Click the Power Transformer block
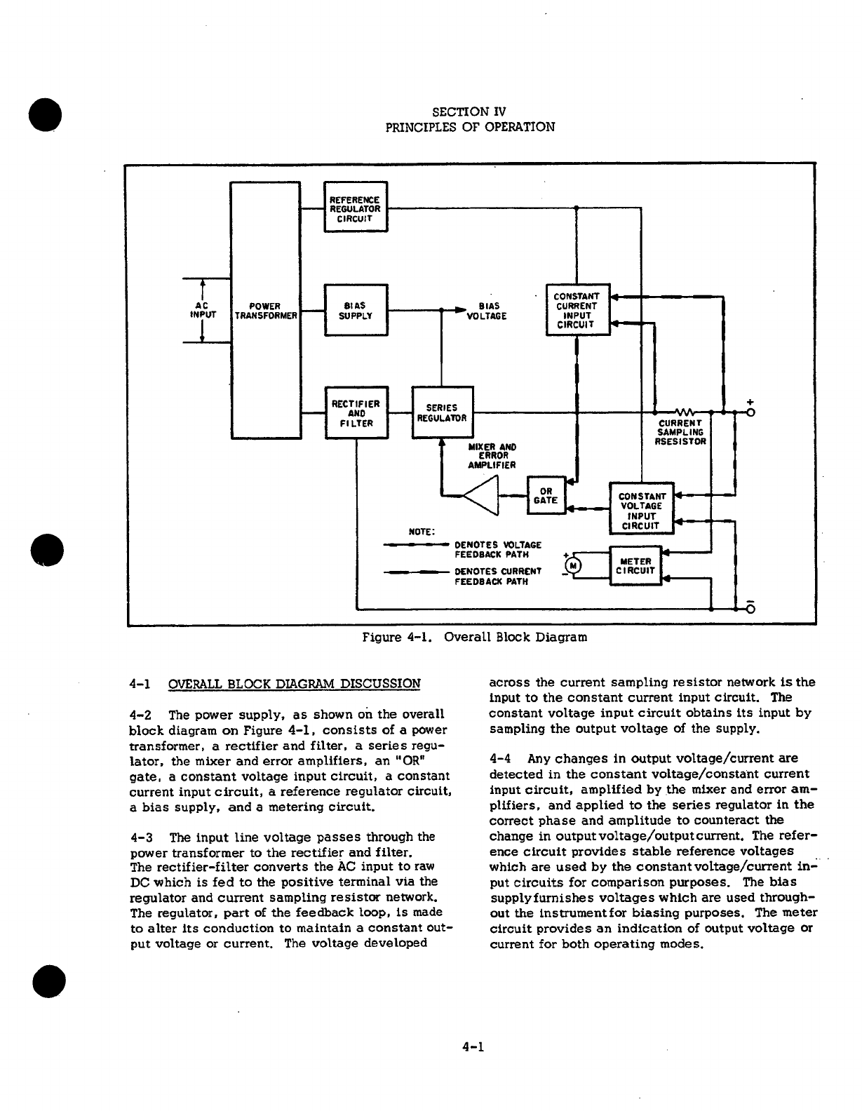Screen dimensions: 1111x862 pos(266,309)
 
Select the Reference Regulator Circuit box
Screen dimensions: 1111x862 pos(356,206)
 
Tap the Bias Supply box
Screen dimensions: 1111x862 pos(356,310)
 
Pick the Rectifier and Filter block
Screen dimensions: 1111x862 pos(356,413)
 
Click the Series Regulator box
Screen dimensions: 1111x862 pos(443,413)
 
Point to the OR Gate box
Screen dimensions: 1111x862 pos(546,495)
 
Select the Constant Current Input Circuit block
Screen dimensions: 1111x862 pos(577,310)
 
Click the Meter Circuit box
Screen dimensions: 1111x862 pos(635,565)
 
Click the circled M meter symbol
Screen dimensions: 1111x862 pos(574,565)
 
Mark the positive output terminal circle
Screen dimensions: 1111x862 pos(750,412)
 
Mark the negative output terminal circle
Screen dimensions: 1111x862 pos(750,608)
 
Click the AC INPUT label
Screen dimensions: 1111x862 pos(202,310)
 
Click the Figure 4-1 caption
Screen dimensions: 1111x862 pos(474,637)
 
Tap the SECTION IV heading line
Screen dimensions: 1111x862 pos(470,112)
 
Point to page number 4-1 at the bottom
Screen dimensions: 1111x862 pos(474,1047)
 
